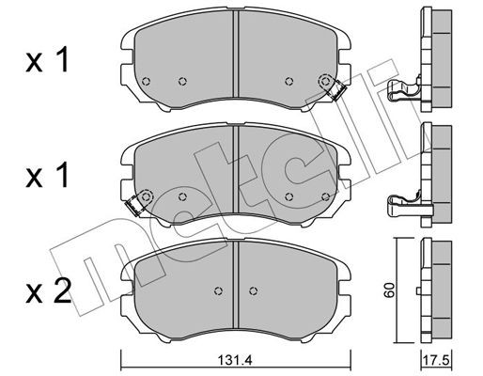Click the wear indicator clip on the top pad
point(331,87)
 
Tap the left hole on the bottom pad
point(217,289)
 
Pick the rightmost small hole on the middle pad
point(324,196)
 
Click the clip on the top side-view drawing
point(400,90)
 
